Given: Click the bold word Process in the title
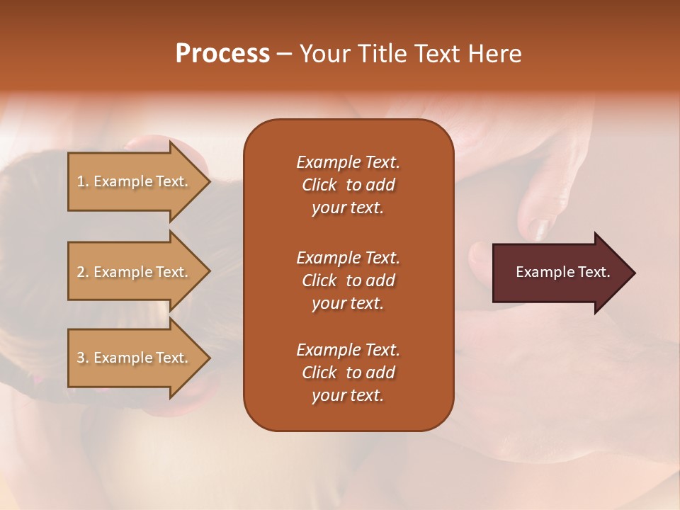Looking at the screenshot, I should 222,54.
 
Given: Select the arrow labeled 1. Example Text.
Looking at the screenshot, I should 133,181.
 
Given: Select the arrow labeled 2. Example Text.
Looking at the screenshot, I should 133,272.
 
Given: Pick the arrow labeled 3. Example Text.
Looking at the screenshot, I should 133,358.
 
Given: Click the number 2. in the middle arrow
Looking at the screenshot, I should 83,272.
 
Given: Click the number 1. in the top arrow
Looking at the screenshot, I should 83,181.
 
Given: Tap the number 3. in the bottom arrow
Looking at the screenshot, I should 83,358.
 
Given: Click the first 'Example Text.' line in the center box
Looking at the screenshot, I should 348,162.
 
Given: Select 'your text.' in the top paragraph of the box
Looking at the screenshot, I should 348,208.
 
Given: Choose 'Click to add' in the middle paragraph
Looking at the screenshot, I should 348,280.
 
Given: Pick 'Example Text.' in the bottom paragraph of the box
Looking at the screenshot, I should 348,350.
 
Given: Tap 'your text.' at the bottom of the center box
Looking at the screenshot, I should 348,396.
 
